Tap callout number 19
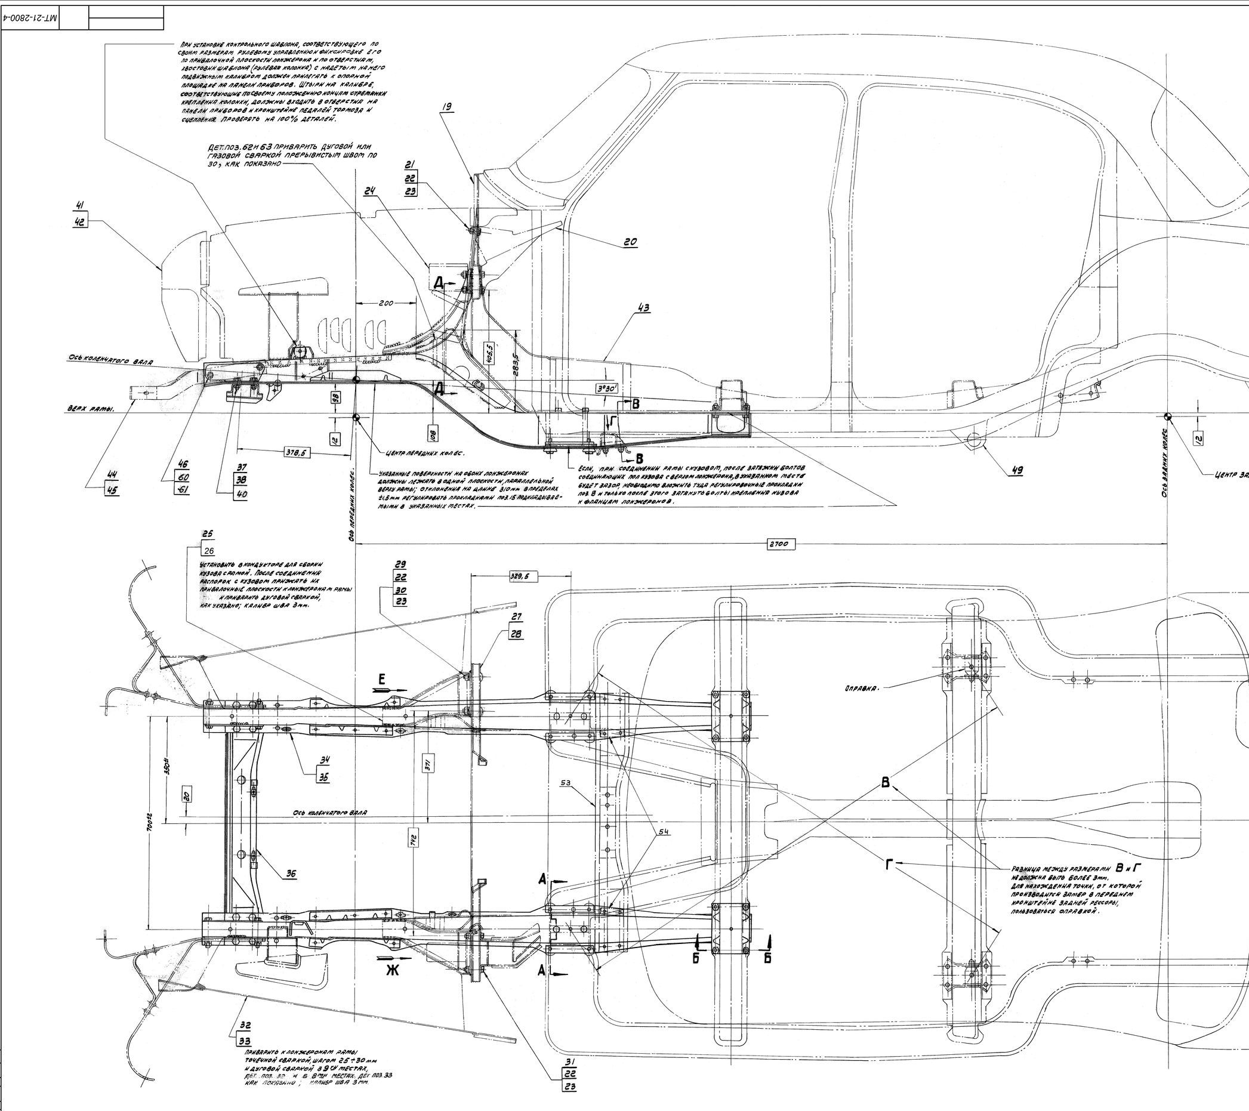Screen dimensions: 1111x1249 click(448, 107)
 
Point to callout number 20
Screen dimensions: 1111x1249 click(630, 242)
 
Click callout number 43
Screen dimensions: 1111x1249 click(643, 308)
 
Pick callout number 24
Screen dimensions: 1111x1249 click(369, 191)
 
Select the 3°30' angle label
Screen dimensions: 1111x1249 click(608, 387)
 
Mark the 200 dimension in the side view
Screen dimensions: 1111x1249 click(386, 303)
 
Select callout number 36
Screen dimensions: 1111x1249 click(291, 874)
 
